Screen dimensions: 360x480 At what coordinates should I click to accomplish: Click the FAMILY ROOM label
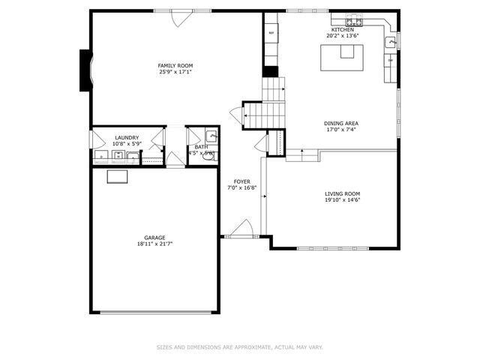pyautogui.click(x=175, y=66)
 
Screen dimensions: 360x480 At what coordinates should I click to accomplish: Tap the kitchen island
pyautogui.click(x=342, y=58)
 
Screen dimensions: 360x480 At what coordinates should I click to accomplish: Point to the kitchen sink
pyautogui.click(x=391, y=43)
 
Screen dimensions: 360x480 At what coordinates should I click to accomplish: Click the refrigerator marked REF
pyautogui.click(x=270, y=34)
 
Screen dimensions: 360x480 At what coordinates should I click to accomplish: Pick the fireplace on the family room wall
pyautogui.click(x=86, y=70)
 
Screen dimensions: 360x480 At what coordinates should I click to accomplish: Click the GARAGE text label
pyautogui.click(x=155, y=237)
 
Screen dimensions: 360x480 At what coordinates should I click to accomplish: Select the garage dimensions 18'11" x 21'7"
pyautogui.click(x=155, y=244)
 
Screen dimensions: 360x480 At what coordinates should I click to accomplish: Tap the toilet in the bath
pyautogui.click(x=208, y=157)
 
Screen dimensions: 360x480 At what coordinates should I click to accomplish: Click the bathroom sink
pyautogui.click(x=211, y=136)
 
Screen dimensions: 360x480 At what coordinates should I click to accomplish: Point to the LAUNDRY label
pyautogui.click(x=126, y=137)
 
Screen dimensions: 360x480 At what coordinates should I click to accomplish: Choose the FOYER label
pyautogui.click(x=242, y=181)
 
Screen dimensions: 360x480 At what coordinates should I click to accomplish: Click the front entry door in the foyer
pyautogui.click(x=241, y=229)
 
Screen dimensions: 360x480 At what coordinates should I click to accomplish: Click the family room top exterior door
pyautogui.click(x=181, y=17)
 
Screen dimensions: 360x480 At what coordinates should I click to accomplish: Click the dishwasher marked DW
pyautogui.click(x=391, y=60)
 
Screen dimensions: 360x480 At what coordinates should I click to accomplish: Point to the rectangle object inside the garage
pyautogui.click(x=117, y=176)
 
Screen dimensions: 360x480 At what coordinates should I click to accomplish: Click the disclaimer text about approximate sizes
pyautogui.click(x=240, y=347)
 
